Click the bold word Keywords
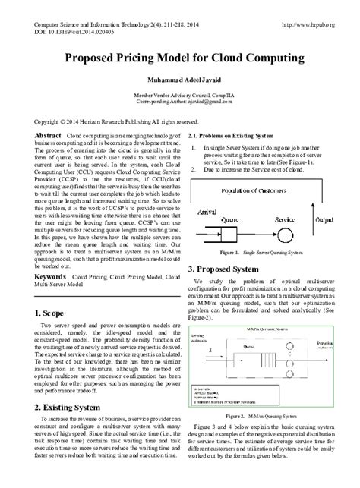[50, 257]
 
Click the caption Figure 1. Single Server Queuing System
[257, 251]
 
